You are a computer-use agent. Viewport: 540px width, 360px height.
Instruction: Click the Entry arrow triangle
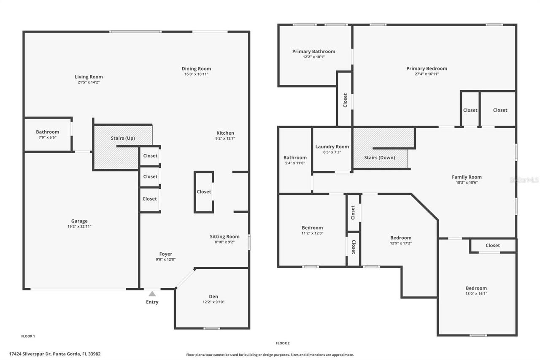(152, 294)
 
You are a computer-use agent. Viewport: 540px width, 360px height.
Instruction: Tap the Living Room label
(89, 77)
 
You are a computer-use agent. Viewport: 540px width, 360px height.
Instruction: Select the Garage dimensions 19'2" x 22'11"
(79, 227)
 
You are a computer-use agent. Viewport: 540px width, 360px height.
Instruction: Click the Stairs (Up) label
(123, 138)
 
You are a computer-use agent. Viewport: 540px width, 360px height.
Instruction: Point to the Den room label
(213, 296)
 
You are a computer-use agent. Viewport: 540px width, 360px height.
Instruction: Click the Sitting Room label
(224, 236)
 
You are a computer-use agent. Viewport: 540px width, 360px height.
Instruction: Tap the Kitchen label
(225, 133)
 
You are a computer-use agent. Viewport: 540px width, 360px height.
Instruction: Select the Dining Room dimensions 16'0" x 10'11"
(196, 74)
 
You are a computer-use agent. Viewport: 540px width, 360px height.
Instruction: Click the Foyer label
(165, 254)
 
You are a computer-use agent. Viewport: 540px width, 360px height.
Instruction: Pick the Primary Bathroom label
(313, 51)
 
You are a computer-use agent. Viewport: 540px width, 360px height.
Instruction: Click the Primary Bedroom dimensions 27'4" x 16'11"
(427, 74)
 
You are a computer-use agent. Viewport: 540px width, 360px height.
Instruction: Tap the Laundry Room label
(332, 147)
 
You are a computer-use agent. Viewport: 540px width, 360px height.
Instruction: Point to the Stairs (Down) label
(380, 157)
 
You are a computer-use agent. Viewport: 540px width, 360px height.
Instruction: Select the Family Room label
(467, 177)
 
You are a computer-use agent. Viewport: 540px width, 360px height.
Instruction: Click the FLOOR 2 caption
(283, 343)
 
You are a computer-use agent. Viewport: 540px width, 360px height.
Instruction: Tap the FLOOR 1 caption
(28, 336)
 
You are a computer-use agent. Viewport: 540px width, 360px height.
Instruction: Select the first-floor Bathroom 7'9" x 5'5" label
(47, 132)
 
